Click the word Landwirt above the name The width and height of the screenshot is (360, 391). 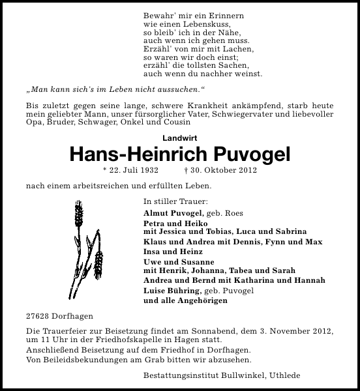pyautogui.click(x=179, y=138)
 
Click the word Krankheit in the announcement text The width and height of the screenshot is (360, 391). pyautogui.click(x=202, y=106)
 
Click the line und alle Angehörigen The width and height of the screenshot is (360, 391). pyautogui.click(x=185, y=300)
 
